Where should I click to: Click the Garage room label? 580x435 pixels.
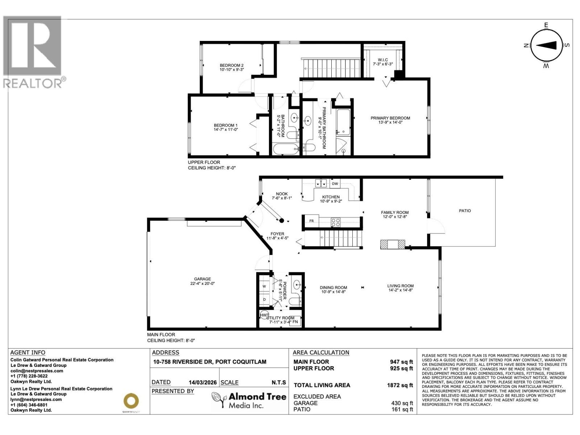point(202,279)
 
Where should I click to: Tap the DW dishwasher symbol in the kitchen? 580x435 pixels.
point(335,184)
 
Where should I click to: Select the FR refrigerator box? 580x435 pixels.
point(311,221)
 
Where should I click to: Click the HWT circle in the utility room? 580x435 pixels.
point(264,315)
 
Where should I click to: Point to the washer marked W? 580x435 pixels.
point(264,286)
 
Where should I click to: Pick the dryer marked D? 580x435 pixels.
point(264,299)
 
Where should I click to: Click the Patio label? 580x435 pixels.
point(465,211)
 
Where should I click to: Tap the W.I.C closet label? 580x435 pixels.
point(383,60)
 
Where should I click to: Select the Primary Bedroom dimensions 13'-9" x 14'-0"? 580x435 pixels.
point(390,123)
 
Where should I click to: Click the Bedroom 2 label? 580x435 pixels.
point(231,66)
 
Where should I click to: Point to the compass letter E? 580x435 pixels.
point(546,25)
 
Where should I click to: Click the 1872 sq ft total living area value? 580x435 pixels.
point(400,385)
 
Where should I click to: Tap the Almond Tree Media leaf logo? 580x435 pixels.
point(219,400)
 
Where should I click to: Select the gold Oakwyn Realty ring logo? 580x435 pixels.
point(131,401)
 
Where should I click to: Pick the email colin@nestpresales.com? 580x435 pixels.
point(37,371)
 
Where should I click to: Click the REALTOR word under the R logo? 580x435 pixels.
point(33,84)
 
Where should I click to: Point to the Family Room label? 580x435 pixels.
point(394,212)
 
